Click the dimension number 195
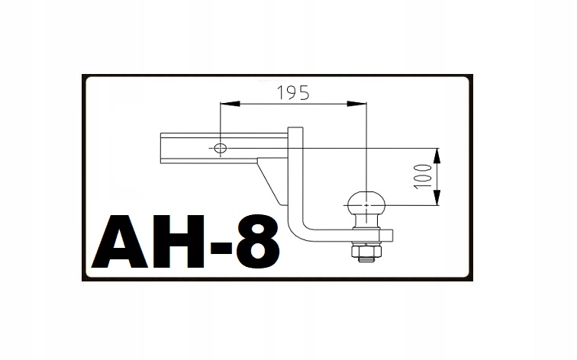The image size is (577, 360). coord(293,92)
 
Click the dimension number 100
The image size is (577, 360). coord(423,176)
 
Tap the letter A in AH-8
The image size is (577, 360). coord(120,242)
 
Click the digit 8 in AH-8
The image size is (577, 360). coord(257,242)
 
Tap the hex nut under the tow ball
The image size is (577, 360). coord(366,251)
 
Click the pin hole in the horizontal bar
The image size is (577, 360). coord(221,148)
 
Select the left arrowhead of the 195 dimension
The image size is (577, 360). coord(230,104)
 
